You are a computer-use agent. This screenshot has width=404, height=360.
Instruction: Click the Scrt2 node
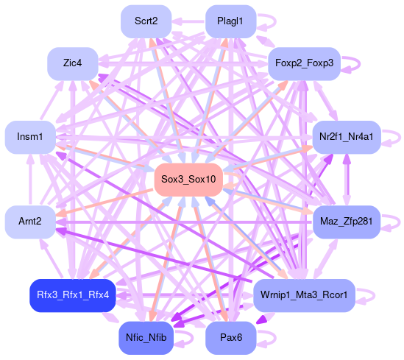(x=146, y=21)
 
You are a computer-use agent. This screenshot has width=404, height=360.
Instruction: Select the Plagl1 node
(x=230, y=21)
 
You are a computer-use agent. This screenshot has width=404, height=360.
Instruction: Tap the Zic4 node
(x=73, y=63)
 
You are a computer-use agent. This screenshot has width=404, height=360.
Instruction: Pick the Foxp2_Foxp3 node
(x=305, y=63)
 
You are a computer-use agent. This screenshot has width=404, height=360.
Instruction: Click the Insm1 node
(x=30, y=137)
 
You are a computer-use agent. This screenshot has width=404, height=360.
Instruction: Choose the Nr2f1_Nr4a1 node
(x=347, y=137)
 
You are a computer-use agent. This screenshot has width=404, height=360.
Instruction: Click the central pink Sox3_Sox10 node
(x=188, y=180)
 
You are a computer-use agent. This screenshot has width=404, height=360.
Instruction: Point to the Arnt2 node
(x=30, y=222)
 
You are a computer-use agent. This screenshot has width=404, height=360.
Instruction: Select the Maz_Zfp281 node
(x=347, y=222)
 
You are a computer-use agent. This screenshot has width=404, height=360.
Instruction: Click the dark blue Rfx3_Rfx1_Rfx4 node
(x=73, y=295)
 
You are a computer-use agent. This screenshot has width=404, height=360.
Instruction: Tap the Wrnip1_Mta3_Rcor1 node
(x=305, y=295)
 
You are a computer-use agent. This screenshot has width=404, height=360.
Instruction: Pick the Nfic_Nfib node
(x=146, y=338)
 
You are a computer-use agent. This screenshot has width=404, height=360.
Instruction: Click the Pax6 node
(x=230, y=338)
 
